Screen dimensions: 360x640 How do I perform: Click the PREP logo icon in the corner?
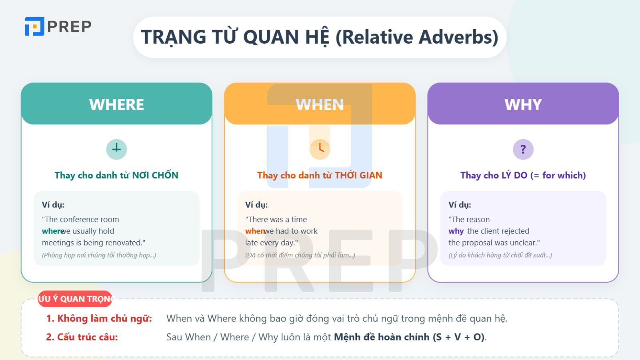(x=34, y=26)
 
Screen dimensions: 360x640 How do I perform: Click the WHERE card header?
(x=116, y=104)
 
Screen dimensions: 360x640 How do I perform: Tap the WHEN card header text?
(x=320, y=104)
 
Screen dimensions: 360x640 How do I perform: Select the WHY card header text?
(x=523, y=104)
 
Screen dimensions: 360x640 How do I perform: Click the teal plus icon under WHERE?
(x=116, y=149)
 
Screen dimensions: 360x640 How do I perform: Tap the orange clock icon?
(x=320, y=149)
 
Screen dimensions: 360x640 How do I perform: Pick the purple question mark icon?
(x=523, y=149)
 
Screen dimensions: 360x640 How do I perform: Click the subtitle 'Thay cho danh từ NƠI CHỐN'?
(x=116, y=175)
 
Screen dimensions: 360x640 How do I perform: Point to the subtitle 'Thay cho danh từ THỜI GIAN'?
(x=320, y=175)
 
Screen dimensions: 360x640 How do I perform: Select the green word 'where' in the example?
(x=52, y=231)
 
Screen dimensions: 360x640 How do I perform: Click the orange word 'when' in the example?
(x=255, y=231)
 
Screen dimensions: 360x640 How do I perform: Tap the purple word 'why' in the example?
(x=456, y=231)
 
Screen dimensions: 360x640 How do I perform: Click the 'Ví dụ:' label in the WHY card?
(x=460, y=205)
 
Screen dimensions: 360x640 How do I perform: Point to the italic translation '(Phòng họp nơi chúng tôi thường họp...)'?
(x=99, y=255)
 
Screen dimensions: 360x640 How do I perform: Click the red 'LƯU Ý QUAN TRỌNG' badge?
(x=75, y=299)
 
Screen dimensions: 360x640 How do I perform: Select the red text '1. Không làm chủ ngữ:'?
(x=99, y=318)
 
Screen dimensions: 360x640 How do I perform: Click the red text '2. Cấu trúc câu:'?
(x=82, y=337)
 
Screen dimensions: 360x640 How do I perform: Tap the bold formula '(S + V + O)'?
(x=459, y=337)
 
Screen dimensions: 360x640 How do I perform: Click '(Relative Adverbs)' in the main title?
(x=416, y=37)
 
